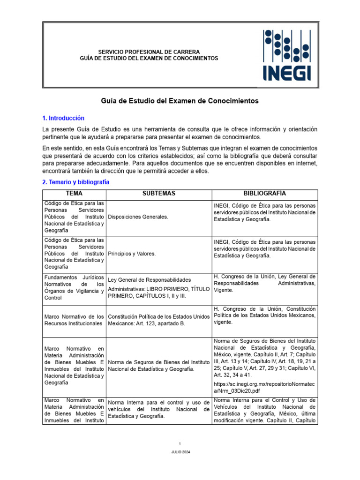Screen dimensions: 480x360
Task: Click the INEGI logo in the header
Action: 286,55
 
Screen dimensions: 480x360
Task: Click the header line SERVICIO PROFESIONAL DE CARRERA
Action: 149,52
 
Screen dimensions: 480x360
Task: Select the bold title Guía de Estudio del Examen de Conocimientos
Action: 180,101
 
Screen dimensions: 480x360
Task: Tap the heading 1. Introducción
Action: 63,118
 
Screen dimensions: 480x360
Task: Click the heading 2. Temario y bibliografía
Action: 75,182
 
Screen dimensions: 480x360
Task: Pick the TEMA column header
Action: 75,194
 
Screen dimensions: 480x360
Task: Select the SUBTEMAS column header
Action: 159,194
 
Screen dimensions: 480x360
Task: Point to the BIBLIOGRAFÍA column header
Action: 264,194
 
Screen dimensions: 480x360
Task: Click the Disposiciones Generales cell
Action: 138,217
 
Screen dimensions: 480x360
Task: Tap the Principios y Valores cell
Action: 132,254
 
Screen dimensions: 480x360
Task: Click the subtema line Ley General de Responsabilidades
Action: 149,278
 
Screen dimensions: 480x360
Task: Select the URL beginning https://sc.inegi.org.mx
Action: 264,386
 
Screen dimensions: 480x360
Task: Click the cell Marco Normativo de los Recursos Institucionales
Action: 75,321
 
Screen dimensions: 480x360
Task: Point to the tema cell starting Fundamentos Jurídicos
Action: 75,287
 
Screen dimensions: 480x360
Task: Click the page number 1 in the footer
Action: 180,443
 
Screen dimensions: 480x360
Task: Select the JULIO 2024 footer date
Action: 180,452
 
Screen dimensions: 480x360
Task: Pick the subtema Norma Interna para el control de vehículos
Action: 159,409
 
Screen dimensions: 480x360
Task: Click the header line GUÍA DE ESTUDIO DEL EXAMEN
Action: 149,58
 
